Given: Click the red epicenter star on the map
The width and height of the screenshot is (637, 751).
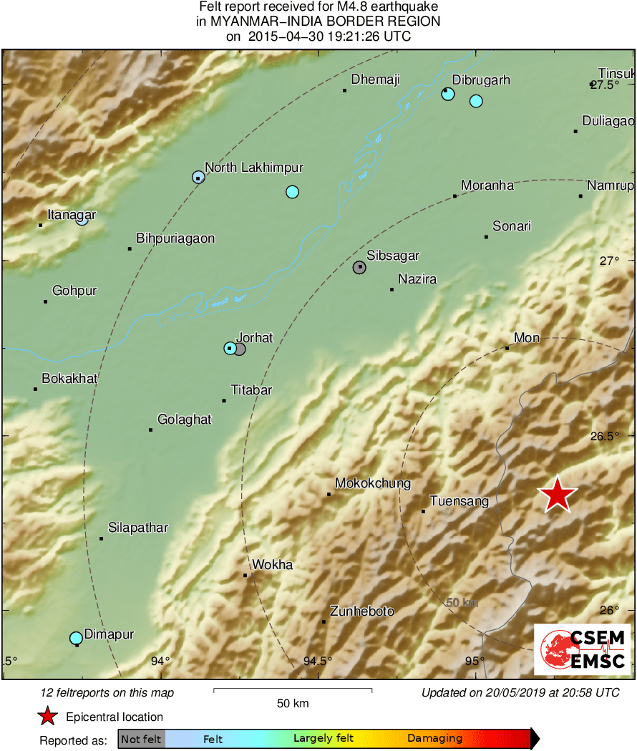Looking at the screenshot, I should click(557, 495).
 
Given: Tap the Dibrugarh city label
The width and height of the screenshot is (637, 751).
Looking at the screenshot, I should click(481, 79).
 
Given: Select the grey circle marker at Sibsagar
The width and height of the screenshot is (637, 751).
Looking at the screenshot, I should click(359, 267).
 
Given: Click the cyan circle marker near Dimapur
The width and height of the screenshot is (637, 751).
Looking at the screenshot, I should click(76, 637).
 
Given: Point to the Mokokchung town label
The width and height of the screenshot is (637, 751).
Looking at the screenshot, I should click(373, 483).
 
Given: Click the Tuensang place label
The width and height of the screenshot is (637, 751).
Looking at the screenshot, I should click(459, 501).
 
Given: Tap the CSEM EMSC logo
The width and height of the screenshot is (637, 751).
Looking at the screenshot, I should click(583, 649).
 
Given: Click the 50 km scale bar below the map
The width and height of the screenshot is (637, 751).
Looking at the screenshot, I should click(293, 690).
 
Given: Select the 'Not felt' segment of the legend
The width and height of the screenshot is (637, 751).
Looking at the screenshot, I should click(141, 739).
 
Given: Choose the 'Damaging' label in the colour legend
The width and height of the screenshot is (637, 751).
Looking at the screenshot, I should click(434, 739).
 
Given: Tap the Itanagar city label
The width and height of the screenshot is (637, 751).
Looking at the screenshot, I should click(72, 214).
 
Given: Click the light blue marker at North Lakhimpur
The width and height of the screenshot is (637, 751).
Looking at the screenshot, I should click(198, 177).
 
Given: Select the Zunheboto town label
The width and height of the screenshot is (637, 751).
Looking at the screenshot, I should click(361, 611).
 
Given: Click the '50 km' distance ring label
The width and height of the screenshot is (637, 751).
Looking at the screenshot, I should click(462, 603).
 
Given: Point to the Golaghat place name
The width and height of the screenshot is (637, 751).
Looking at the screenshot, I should click(184, 420).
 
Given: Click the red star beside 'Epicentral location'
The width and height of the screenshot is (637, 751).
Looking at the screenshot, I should click(47, 716).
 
